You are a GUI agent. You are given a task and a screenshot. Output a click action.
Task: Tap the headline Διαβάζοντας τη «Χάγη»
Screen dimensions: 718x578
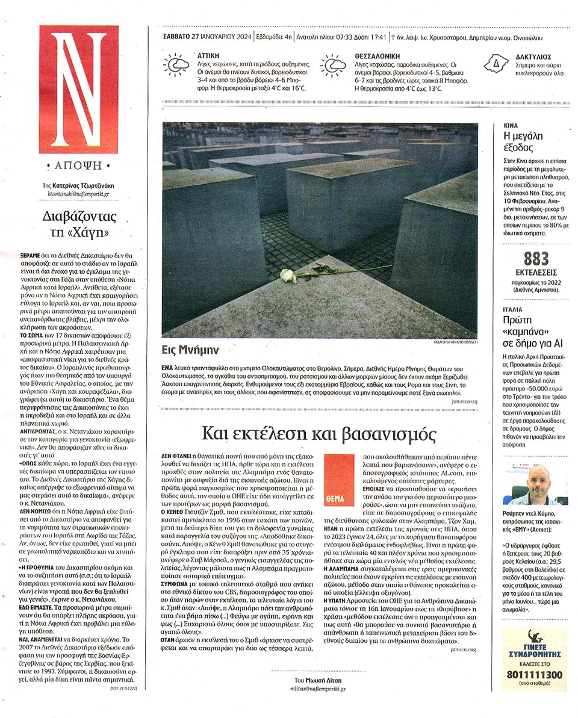[x=79, y=224]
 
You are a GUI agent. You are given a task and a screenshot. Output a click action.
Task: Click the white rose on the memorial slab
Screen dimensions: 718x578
[x=289, y=275]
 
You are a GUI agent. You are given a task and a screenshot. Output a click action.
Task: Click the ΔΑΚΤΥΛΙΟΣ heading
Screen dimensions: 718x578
[x=529, y=55]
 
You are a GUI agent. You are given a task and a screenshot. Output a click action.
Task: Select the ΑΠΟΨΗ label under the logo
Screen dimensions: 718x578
[x=79, y=166]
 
